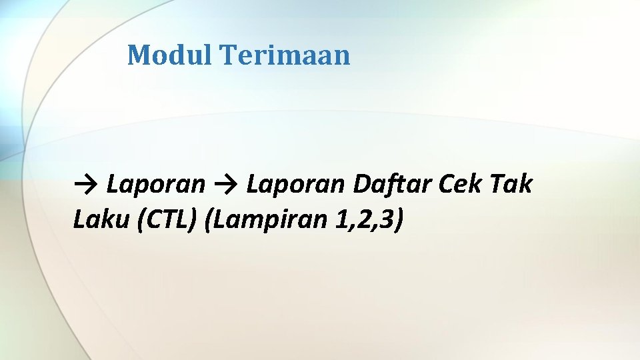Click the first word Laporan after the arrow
coord(156,183)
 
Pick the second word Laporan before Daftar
coord(295,183)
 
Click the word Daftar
coord(391,183)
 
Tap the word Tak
coord(512,183)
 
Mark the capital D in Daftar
coord(361,183)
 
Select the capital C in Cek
coord(446,183)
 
